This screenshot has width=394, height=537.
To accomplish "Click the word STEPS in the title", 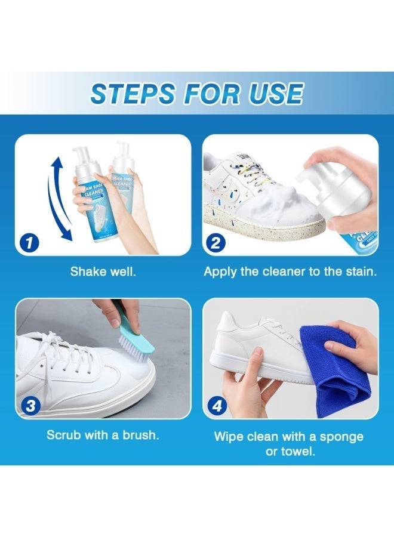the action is click(133, 94).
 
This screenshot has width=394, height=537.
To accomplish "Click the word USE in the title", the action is click(276, 94).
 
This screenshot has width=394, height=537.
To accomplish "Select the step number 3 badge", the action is click(31, 406).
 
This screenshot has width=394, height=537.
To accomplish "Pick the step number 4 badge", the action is click(217, 406).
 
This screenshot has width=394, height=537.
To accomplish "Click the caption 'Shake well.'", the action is click(103, 271).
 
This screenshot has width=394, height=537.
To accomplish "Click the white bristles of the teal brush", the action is click(132, 347).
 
